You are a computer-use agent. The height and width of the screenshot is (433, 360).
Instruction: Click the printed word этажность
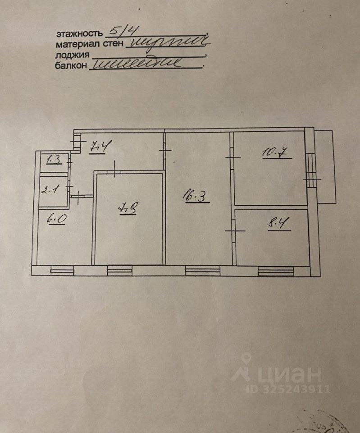click(79, 34)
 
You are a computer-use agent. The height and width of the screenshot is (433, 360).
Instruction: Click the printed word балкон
click(70, 66)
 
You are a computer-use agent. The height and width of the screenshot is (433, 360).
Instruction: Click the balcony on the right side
click(325, 166)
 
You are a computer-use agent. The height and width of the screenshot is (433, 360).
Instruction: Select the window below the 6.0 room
click(62, 271)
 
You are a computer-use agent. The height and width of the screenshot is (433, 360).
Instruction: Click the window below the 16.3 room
click(202, 271)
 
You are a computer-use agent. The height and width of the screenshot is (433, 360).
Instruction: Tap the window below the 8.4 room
click(275, 271)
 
